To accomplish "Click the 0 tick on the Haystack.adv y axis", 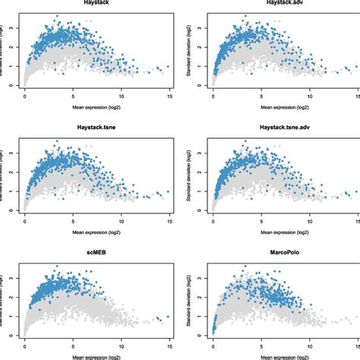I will coord(201,86).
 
